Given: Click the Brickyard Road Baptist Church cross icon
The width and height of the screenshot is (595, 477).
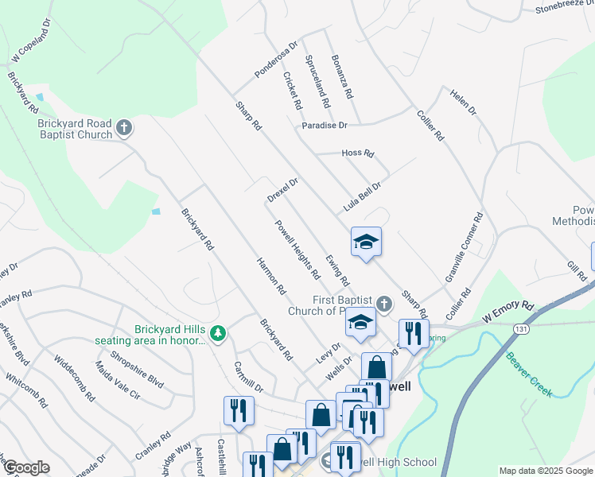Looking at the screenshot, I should pyautogui.click(x=123, y=127).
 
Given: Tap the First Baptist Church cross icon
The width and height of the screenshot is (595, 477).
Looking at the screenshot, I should pyautogui.click(x=383, y=304).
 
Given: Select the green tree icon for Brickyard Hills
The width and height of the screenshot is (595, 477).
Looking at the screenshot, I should pyautogui.click(x=217, y=333).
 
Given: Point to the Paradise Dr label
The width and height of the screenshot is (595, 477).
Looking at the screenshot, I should pyautogui.click(x=325, y=126).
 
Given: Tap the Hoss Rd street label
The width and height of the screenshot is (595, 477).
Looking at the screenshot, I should pyautogui.click(x=357, y=153).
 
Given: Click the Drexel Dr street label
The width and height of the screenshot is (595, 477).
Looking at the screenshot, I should pyautogui.click(x=282, y=189).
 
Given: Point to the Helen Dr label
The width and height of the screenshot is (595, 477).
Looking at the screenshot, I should pyautogui.click(x=462, y=100).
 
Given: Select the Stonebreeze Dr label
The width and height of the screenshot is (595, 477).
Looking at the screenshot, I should pyautogui.click(x=564, y=8).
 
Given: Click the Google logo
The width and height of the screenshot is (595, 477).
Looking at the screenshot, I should pyautogui.click(x=25, y=467).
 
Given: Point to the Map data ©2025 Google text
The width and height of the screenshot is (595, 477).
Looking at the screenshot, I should pyautogui.click(x=546, y=471).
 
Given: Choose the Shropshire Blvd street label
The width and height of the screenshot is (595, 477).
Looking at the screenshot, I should pyautogui.click(x=137, y=370).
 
